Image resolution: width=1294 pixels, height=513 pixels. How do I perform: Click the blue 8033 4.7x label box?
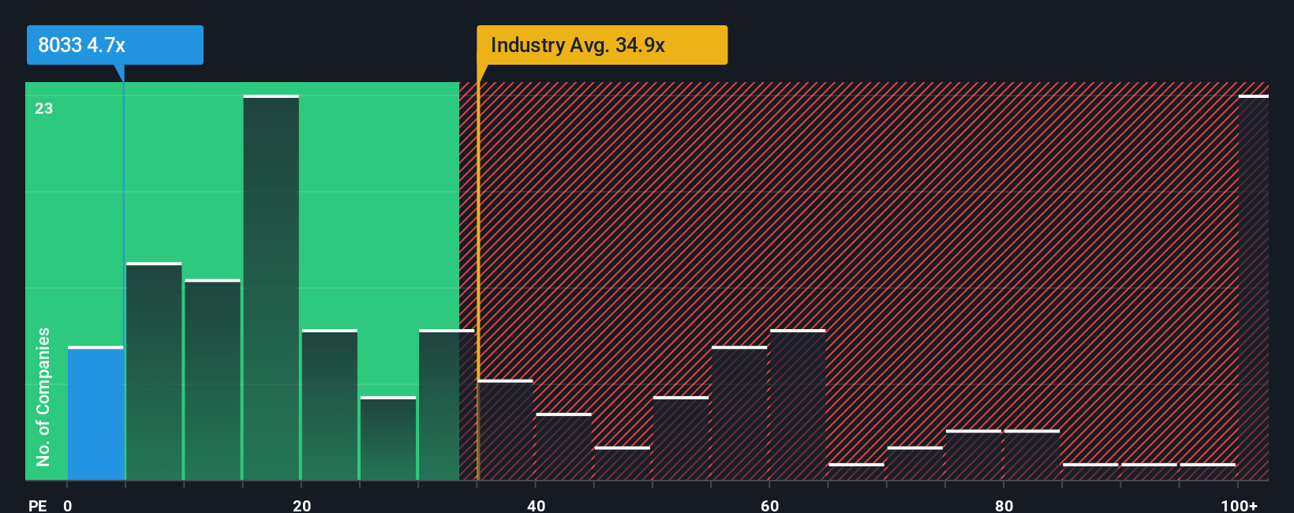114,45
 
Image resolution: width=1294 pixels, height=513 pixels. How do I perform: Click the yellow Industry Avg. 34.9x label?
601,45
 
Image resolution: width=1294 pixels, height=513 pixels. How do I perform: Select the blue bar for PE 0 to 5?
95,414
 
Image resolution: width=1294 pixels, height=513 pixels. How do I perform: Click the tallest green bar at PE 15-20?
271,288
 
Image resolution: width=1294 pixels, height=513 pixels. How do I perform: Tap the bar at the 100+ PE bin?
1253,288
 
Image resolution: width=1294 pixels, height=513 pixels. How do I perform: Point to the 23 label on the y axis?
44,108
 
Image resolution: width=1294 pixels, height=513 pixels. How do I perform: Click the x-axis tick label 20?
301,505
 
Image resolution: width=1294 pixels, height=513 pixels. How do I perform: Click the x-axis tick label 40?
536,505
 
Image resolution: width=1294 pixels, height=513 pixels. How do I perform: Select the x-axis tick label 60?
769,505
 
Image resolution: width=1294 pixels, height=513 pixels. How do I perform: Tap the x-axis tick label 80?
1004,505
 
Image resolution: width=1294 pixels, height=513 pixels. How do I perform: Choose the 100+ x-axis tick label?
1239,505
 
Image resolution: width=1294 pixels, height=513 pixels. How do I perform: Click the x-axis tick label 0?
68,505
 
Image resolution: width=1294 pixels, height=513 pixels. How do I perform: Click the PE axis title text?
37,505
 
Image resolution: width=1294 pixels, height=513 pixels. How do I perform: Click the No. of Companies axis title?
43,396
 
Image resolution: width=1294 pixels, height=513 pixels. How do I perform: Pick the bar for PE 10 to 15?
212,380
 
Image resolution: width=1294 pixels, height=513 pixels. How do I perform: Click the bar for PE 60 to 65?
798,405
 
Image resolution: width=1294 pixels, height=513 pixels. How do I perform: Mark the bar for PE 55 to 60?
739,414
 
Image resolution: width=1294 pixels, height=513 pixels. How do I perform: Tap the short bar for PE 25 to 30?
388,439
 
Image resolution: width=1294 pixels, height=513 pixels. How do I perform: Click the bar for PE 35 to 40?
506,430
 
